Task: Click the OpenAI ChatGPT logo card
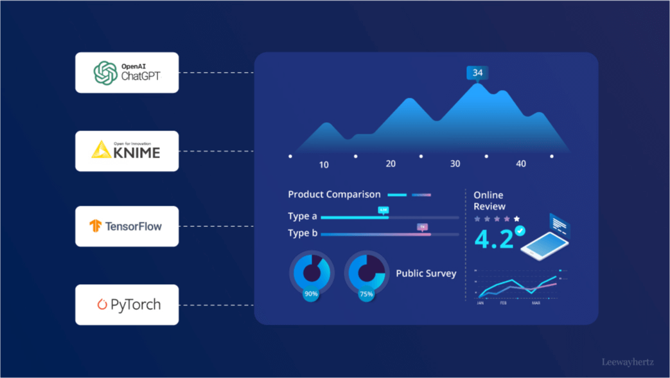(127, 73)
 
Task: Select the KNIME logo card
(127, 151)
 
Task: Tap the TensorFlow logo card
(127, 226)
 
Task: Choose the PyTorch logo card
(127, 305)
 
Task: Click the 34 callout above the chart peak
(477, 73)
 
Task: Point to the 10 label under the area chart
(324, 165)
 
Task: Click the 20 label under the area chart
(391, 164)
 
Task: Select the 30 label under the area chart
(455, 164)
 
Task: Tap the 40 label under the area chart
(521, 164)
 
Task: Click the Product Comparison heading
(334, 194)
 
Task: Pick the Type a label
(303, 216)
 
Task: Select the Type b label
(303, 233)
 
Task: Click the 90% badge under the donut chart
(311, 294)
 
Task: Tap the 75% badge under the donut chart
(366, 294)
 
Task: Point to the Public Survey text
(426, 273)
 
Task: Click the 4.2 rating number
(493, 239)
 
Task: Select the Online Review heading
(489, 201)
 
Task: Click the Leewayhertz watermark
(628, 363)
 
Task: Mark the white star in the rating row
(517, 219)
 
